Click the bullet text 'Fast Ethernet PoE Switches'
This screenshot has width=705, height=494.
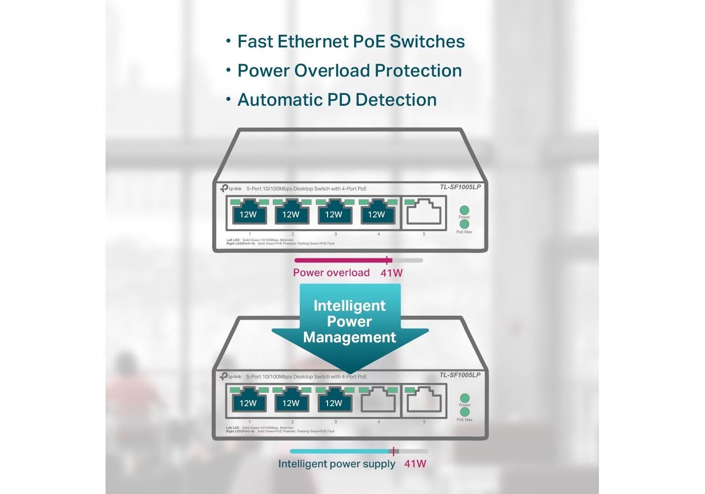(x=351, y=41)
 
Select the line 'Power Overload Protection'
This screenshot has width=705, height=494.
(x=349, y=71)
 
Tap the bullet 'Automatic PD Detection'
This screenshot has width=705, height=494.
(x=337, y=100)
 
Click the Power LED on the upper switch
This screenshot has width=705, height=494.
(x=464, y=210)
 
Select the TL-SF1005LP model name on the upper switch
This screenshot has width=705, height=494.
(x=460, y=187)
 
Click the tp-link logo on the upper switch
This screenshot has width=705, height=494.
(x=231, y=188)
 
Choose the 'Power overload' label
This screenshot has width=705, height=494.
(x=331, y=273)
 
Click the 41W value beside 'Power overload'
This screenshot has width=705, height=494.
(x=391, y=273)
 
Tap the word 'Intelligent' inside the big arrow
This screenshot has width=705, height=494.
(x=349, y=306)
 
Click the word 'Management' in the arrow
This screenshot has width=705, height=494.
(x=349, y=337)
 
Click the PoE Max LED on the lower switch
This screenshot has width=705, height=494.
(x=464, y=412)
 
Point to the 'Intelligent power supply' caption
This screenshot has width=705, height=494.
(x=336, y=464)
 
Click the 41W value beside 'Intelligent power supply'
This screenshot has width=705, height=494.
(x=415, y=464)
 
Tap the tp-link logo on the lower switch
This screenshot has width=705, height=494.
(x=230, y=376)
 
